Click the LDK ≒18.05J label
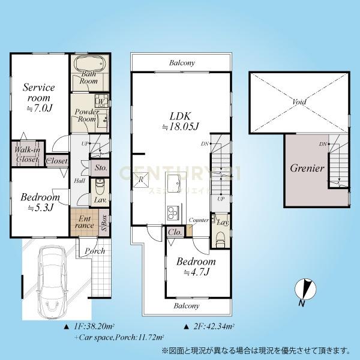(x=180, y=119)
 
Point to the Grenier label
(x=307, y=169)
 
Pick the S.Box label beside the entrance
(x=103, y=223)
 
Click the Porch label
(x=95, y=250)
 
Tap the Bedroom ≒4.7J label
(x=196, y=267)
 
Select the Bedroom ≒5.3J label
(x=40, y=202)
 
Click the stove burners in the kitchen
(x=172, y=212)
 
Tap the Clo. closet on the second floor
(x=175, y=232)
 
